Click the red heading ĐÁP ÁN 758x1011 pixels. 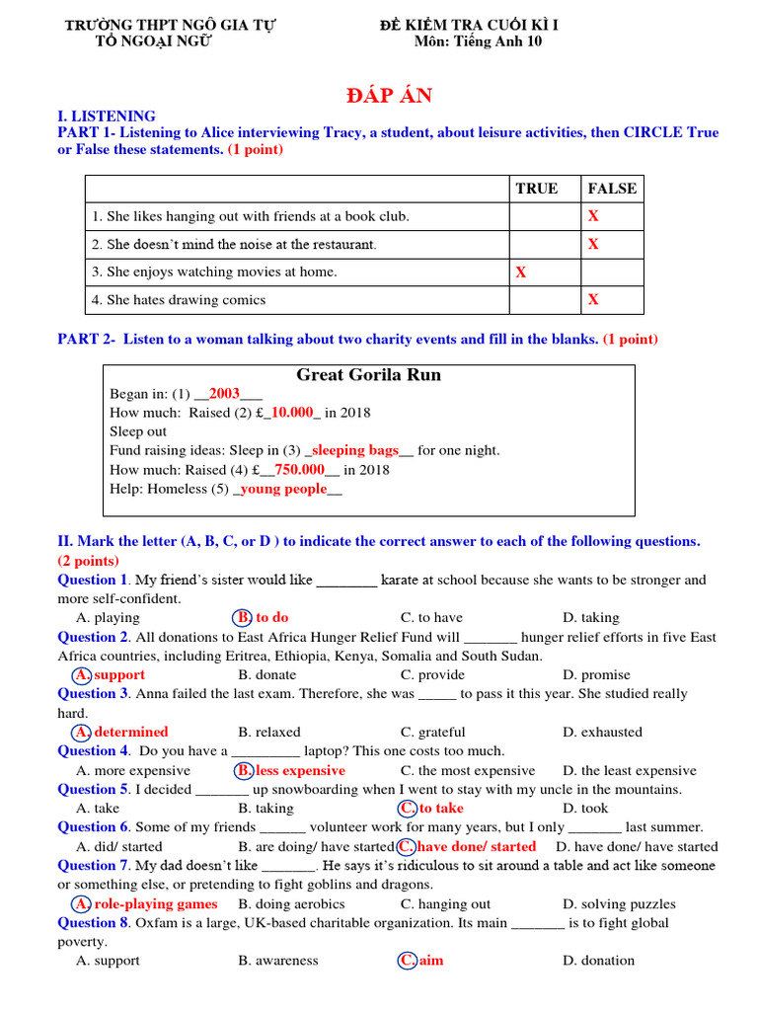pyautogui.click(x=389, y=96)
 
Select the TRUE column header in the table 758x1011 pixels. pyautogui.click(x=536, y=189)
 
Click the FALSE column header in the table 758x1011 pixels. pyautogui.click(x=612, y=189)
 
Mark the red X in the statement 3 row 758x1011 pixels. pyautogui.click(x=521, y=272)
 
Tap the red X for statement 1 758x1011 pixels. pyautogui.click(x=593, y=216)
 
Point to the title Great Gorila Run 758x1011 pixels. pyautogui.click(x=368, y=375)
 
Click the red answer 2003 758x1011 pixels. pyautogui.click(x=224, y=394)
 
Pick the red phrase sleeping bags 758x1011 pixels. pyautogui.click(x=355, y=450)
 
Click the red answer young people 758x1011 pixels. pyautogui.click(x=283, y=489)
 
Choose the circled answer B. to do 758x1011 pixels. pyautogui.click(x=263, y=617)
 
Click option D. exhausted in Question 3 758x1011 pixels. pyautogui.click(x=602, y=732)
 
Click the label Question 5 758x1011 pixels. pyautogui.click(x=93, y=789)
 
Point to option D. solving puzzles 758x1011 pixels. pyautogui.click(x=619, y=903)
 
